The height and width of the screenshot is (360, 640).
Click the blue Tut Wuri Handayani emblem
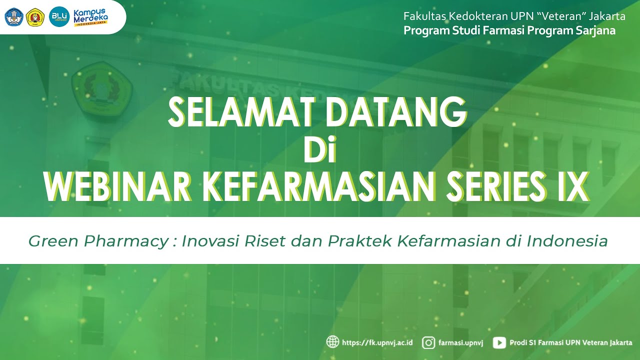pos(13,17)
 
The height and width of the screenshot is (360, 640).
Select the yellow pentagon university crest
pos(35,17)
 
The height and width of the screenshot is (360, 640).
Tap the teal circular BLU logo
pos(58,16)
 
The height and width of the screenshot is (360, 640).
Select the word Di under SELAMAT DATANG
pos(320,150)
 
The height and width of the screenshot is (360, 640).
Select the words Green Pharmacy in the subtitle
pos(98,241)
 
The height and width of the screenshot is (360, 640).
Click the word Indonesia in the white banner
pos(567,241)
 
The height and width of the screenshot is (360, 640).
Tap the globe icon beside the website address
pos(332,342)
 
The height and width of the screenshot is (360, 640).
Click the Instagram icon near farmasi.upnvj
pos(428,342)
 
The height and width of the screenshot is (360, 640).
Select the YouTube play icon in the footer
pos(499,342)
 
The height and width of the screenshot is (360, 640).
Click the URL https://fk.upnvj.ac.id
pos(377,342)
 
